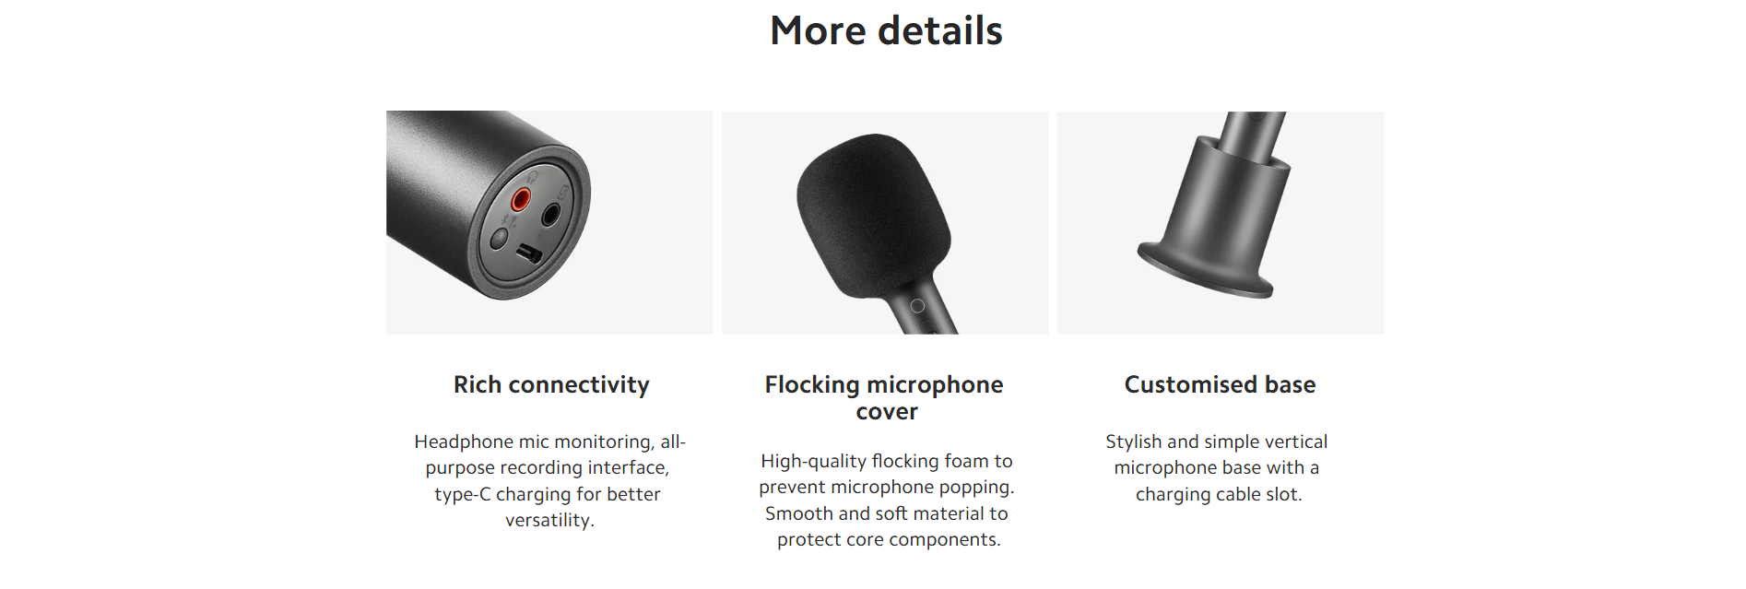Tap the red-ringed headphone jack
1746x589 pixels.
pos(521,198)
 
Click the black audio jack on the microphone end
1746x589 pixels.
pos(551,216)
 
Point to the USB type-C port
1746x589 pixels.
pos(528,253)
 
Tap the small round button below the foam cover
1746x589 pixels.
pos(917,305)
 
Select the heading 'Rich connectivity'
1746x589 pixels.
pos(551,384)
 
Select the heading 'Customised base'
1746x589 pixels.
pos(1220,384)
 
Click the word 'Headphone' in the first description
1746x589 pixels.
pos(463,442)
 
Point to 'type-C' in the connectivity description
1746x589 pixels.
pos(463,494)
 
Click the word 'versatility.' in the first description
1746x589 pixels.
pos(549,520)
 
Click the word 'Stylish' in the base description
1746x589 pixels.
pos(1133,442)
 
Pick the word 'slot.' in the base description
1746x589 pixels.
pos(1284,494)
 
